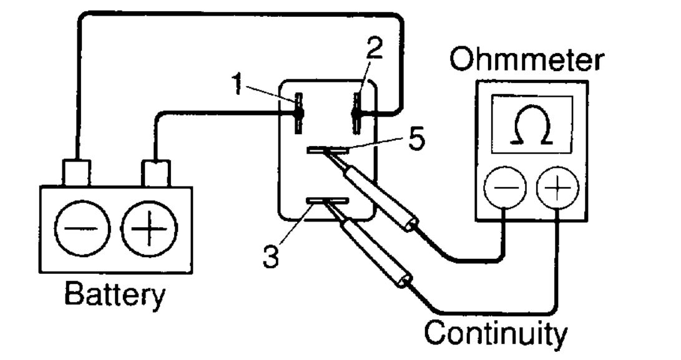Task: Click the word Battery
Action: [x=115, y=294]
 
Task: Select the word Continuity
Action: [x=496, y=333]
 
